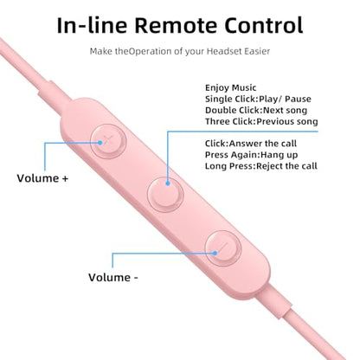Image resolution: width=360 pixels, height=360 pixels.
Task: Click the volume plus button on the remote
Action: tap(108, 141)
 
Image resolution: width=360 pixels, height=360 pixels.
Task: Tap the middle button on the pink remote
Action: tap(165, 195)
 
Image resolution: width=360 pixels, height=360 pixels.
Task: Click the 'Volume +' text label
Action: tap(42, 178)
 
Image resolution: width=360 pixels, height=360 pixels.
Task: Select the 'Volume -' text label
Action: tap(113, 278)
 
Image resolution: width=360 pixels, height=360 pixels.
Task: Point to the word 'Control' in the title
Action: tap(264, 25)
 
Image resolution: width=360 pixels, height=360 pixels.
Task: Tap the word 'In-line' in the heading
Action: tap(92, 25)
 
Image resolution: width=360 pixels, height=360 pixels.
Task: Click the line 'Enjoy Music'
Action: tap(230, 87)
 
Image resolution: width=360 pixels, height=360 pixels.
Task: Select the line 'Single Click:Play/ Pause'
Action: tap(258, 99)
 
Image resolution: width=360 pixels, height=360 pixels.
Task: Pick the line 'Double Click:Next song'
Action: tap(256, 110)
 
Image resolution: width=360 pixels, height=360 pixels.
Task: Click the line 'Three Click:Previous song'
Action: tap(261, 121)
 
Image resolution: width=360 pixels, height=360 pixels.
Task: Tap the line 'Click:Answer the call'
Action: tap(251, 144)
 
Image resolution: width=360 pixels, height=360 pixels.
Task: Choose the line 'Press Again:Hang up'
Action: tap(251, 155)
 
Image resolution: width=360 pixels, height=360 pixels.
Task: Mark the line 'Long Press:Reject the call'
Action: tap(261, 166)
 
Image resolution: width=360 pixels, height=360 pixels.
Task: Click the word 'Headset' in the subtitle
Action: tap(224, 51)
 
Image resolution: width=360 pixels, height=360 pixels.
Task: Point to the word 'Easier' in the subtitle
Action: tap(257, 51)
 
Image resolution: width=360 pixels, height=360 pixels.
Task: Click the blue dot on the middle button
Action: tap(168, 183)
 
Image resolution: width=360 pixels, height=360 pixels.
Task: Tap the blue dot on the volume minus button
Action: tap(215, 254)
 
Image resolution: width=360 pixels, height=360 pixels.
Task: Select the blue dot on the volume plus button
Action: tap(100, 143)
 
